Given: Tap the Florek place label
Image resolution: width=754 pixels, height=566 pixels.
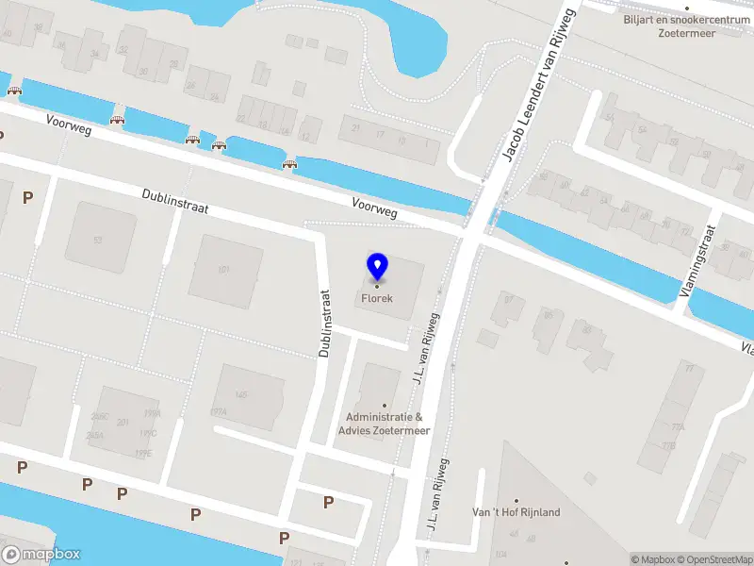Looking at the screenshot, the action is [376, 299].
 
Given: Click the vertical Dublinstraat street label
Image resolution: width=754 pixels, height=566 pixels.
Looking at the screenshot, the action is [327, 324].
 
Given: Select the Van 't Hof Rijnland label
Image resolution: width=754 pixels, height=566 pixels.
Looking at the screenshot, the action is [516, 512].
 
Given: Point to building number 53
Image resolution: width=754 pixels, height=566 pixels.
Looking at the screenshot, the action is [97, 240].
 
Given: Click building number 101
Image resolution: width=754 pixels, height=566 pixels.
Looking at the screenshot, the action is [224, 270].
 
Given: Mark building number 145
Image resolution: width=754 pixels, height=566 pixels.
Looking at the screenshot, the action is [241, 394].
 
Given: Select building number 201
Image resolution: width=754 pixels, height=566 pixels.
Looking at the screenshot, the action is [123, 422].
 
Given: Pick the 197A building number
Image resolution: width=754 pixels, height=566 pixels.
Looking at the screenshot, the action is [219, 412].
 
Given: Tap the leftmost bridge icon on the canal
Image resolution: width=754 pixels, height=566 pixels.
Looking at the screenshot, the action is [14, 91].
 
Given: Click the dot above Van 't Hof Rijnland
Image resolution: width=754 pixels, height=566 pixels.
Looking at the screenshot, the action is [516, 501].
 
